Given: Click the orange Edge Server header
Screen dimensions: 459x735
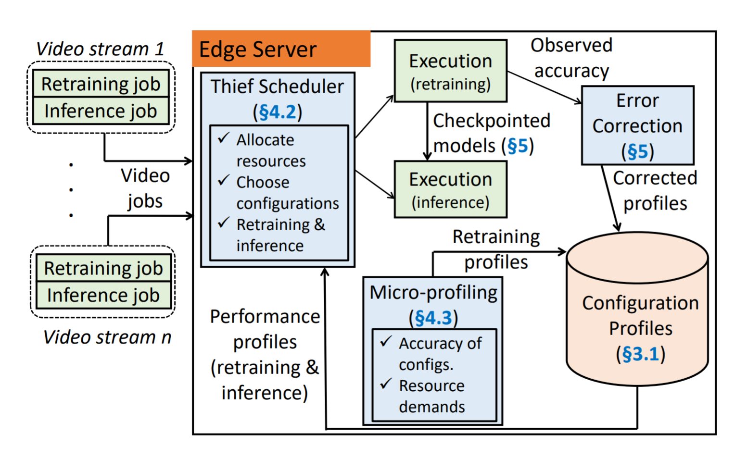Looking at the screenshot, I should click(281, 49).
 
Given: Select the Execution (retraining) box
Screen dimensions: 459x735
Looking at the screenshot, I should click(450, 71).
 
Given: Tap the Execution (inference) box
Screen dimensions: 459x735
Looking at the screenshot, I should click(450, 189).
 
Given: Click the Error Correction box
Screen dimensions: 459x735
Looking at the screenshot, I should click(637, 125).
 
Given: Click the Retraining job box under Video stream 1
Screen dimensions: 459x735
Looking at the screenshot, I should click(101, 84).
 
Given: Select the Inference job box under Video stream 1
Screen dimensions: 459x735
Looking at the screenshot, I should click(101, 111).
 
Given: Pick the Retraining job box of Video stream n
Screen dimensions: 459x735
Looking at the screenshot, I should click(103, 268).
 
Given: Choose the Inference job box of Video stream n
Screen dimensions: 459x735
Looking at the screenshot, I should click(103, 295).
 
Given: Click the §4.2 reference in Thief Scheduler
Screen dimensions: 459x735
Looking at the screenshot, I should click(278, 112).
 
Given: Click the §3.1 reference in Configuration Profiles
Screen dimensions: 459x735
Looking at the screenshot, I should click(640, 354).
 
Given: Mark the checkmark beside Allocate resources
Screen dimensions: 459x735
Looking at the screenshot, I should click(224, 138).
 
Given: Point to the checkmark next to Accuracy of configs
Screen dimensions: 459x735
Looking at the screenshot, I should click(386, 342).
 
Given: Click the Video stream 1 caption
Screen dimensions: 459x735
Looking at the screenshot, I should click(100, 49).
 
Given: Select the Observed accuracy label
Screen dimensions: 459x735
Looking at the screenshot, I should click(571, 58).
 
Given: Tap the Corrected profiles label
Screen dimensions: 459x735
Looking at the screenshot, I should click(655, 190).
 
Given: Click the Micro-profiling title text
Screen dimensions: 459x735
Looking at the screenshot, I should click(433, 292).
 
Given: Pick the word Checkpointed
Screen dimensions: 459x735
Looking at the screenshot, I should click(492, 121).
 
